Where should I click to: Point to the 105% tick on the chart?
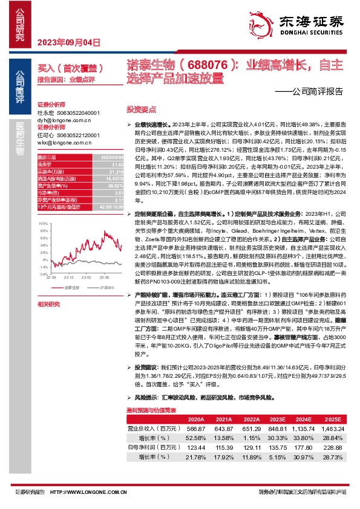point(43,223)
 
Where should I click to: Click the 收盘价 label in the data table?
point(47,163)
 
